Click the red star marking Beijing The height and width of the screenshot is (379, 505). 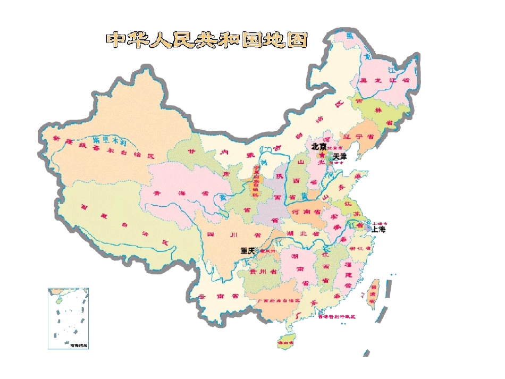click(322, 155)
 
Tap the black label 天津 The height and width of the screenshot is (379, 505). click(340, 157)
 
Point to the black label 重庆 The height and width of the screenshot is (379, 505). click(248, 250)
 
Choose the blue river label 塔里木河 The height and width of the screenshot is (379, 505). click(109, 141)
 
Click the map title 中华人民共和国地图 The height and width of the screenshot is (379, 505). click(207, 40)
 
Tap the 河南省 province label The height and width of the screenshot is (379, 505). click(306, 212)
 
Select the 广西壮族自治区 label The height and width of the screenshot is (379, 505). click(279, 300)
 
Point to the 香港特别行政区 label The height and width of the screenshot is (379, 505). click(336, 316)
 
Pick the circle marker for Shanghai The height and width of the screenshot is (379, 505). click(369, 227)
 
